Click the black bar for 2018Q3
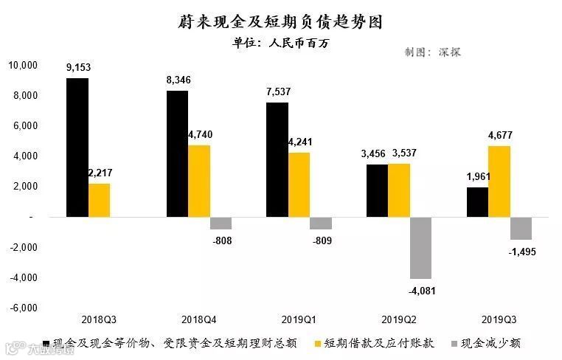coord(77,148)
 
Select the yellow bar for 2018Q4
coord(199,181)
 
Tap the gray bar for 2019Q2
coord(421,248)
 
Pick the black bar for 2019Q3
coord(476,202)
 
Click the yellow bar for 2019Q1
coord(299,184)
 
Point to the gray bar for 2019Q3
coord(521,228)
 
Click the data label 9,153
coord(77,68)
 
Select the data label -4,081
coord(422,291)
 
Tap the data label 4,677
coord(499,135)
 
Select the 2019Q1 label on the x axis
coord(299,320)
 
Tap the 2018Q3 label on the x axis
coord(100,320)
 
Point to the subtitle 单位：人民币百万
coord(280,43)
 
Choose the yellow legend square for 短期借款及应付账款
coord(318,343)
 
